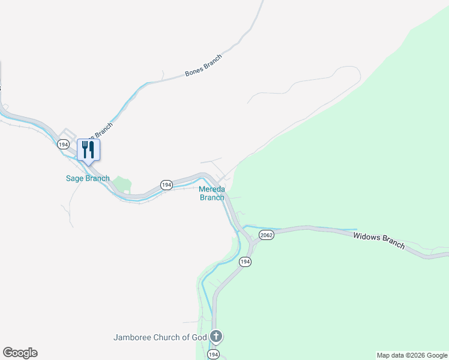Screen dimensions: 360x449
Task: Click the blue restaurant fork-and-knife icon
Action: pyautogui.click(x=88, y=149)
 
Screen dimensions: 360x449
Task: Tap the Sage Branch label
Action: pyautogui.click(x=88, y=178)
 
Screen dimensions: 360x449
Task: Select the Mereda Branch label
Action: pyautogui.click(x=212, y=193)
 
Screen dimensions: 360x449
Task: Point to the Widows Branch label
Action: pyautogui.click(x=379, y=241)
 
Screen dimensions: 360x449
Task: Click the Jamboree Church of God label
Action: pyautogui.click(x=160, y=337)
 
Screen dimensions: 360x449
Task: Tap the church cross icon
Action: pyautogui.click(x=216, y=337)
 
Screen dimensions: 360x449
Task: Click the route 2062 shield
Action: pyautogui.click(x=267, y=235)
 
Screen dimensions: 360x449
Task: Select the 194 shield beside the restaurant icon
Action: pyautogui.click(x=63, y=145)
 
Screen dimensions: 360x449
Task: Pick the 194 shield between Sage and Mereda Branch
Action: pyautogui.click(x=166, y=185)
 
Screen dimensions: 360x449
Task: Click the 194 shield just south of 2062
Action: pyautogui.click(x=245, y=262)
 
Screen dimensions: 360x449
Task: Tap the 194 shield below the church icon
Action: pyautogui.click(x=213, y=355)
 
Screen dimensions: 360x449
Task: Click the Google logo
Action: pyautogui.click(x=20, y=353)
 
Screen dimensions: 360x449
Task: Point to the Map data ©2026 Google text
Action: pyautogui.click(x=412, y=355)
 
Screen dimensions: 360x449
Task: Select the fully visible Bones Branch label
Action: pyautogui.click(x=203, y=65)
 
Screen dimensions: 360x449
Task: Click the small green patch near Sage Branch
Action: pyautogui.click(x=123, y=185)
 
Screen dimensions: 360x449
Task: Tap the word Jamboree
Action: pyautogui.click(x=133, y=337)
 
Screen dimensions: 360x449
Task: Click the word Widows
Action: pyautogui.click(x=367, y=238)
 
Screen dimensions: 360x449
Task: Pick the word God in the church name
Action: pyautogui.click(x=199, y=337)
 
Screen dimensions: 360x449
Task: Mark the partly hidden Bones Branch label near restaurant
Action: pyautogui.click(x=101, y=130)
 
